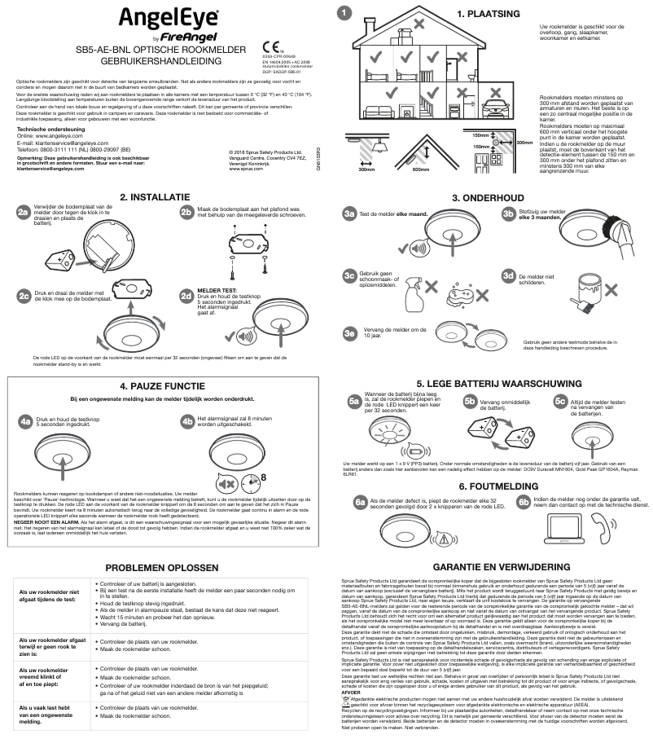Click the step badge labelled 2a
25,212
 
